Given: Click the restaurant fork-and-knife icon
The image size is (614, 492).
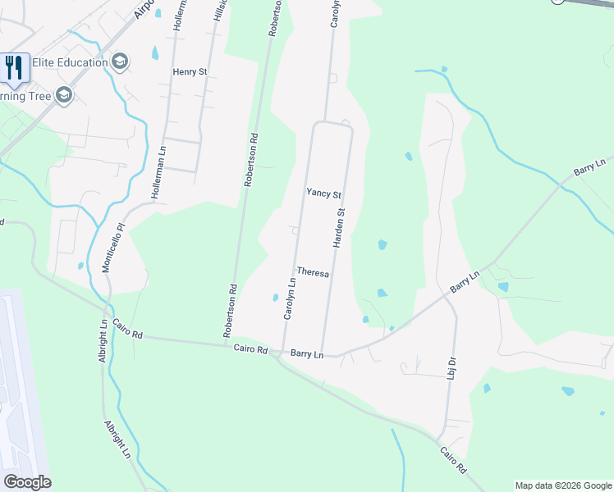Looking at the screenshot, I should [14, 66].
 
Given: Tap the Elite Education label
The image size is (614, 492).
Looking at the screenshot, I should [70, 62].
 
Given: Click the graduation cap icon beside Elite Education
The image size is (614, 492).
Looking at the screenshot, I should [120, 62].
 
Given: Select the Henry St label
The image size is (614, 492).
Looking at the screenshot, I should [190, 72].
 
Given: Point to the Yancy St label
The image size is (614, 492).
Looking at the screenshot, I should [323, 194].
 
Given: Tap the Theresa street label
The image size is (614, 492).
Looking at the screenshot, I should [313, 272].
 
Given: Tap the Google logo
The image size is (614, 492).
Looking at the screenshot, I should [27, 482].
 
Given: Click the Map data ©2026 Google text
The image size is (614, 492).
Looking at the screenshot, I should [562, 485].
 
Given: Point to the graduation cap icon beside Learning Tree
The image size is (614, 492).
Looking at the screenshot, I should [64, 96].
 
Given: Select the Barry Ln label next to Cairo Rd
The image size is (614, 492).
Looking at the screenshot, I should [308, 354].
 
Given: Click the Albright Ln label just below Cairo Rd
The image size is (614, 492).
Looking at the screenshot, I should [103, 345].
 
